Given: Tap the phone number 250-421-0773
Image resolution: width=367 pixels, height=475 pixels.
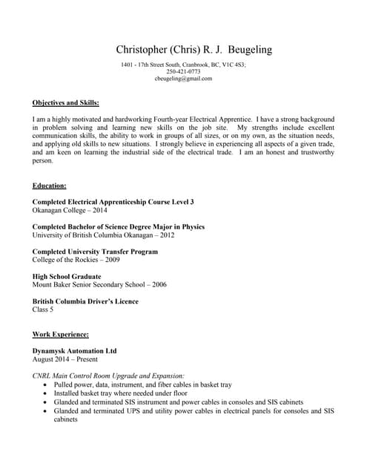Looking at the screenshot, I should coord(183,71).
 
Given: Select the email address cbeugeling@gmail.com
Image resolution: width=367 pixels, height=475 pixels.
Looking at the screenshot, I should coord(183,78).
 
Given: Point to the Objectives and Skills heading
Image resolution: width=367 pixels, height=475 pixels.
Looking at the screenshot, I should coord(66,102).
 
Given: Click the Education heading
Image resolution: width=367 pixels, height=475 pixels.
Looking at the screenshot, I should coord(50,185).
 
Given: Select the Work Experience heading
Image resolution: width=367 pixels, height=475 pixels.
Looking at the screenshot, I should coord(61,335).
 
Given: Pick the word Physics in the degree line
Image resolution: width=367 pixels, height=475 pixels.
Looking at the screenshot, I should coord(192,226).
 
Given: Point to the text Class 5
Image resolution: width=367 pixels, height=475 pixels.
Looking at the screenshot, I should coord(44,309).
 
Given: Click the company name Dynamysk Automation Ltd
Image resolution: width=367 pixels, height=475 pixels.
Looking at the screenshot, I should coord(74,350).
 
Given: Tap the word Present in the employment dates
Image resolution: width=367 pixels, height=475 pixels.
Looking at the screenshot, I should coord(84,359).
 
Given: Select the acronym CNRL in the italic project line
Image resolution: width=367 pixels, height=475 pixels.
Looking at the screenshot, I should coord(43,376).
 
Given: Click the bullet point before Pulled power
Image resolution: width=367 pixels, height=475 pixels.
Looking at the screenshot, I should coord(48,385).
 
